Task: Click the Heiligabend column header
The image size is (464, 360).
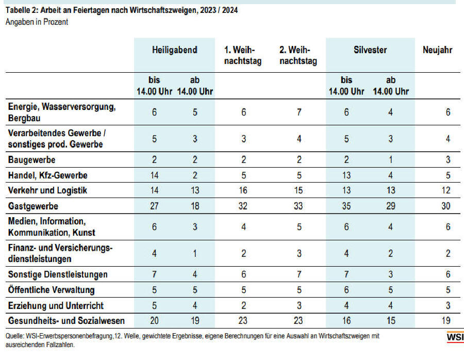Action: click(175, 50)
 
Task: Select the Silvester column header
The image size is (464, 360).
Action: click(370, 50)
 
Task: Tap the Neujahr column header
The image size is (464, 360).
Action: click(437, 50)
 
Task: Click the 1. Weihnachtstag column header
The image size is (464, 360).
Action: click(243, 55)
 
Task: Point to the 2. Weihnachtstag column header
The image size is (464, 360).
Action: click(298, 55)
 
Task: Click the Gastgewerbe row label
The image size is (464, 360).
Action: click(33, 206)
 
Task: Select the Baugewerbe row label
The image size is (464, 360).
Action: click(31, 160)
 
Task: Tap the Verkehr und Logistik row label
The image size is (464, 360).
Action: click(47, 190)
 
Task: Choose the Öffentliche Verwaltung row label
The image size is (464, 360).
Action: click(51, 290)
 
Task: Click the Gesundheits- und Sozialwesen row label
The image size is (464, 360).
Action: click(67, 321)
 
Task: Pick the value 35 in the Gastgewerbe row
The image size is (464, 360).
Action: click(346, 206)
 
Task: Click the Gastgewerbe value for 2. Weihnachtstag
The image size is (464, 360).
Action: click(299, 206)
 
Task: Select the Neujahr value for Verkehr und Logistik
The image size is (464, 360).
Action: click(445, 190)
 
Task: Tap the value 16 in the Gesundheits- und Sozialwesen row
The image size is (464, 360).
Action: click(346, 321)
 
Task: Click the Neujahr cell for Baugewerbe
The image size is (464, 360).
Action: click(448, 160)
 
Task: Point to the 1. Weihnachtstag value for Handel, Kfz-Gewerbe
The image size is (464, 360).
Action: click(243, 175)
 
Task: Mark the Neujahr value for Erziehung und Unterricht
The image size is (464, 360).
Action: click(448, 305)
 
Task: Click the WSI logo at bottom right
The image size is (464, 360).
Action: click(455, 337)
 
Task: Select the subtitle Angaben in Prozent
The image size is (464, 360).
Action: click(37, 22)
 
